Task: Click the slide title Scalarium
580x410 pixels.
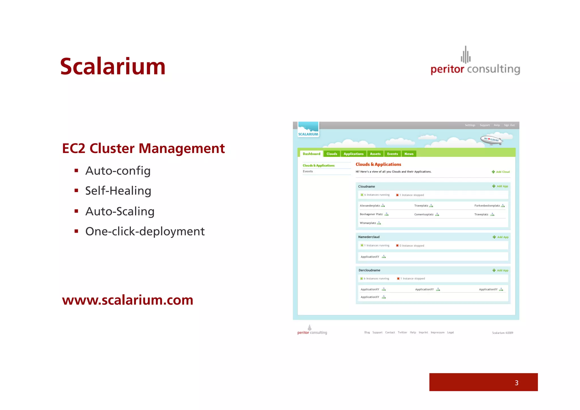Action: tap(113, 67)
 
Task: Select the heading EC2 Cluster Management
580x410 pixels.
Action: tap(143, 148)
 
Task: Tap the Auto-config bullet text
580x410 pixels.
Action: tap(118, 171)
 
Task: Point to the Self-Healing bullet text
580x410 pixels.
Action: tap(118, 191)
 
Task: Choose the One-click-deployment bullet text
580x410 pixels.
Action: tap(145, 231)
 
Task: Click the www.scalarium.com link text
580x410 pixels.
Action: tap(127, 300)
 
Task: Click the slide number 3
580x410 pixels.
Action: tap(516, 383)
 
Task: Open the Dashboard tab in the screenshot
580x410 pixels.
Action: tap(311, 154)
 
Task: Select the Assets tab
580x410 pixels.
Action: tap(375, 154)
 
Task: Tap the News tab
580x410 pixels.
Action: tap(409, 154)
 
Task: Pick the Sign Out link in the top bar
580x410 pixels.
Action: tap(509, 125)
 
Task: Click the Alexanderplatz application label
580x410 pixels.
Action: tap(370, 206)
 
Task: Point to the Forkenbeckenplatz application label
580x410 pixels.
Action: tap(487, 206)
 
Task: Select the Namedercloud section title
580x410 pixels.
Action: tap(369, 237)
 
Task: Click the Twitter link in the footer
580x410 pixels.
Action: tap(402, 333)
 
